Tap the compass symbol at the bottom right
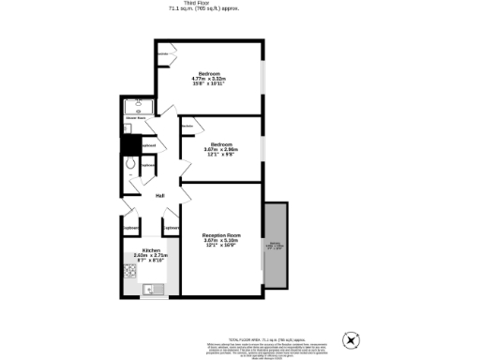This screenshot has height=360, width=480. (352, 338)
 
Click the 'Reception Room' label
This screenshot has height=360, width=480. (222, 234)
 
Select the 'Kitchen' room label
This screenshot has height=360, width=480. (151, 250)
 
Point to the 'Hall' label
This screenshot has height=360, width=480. (160, 195)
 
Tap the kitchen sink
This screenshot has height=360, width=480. (151, 290)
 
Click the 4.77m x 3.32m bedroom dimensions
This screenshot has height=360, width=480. (210, 78)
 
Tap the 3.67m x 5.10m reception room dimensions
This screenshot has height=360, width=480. (222, 241)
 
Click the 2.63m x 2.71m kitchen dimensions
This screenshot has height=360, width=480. (151, 256)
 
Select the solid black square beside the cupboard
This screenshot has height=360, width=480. (130, 144)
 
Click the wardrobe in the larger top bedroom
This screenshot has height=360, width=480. (165, 54)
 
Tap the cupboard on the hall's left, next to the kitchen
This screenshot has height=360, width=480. (131, 228)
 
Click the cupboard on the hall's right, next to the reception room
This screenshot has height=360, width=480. (171, 228)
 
